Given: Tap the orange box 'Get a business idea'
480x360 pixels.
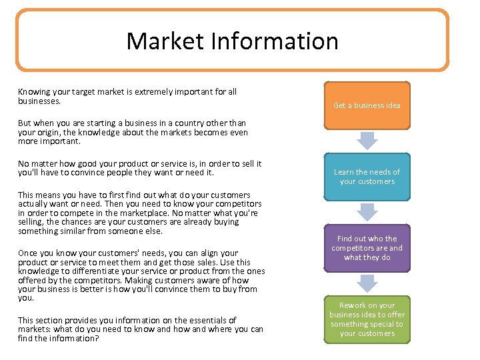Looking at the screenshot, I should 367,105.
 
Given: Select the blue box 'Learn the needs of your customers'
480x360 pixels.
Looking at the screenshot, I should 367,177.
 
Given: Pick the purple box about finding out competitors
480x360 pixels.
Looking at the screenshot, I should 367,248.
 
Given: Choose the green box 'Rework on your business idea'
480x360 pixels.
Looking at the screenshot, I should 367,319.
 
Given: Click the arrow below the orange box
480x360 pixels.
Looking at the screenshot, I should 367,140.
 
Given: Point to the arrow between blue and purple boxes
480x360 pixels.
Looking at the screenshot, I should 367,211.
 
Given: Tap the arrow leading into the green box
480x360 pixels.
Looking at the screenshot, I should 367,283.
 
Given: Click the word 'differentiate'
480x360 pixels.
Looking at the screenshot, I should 81,271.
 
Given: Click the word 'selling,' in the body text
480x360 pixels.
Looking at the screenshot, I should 32,222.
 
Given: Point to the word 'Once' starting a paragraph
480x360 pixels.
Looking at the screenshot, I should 28,253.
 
